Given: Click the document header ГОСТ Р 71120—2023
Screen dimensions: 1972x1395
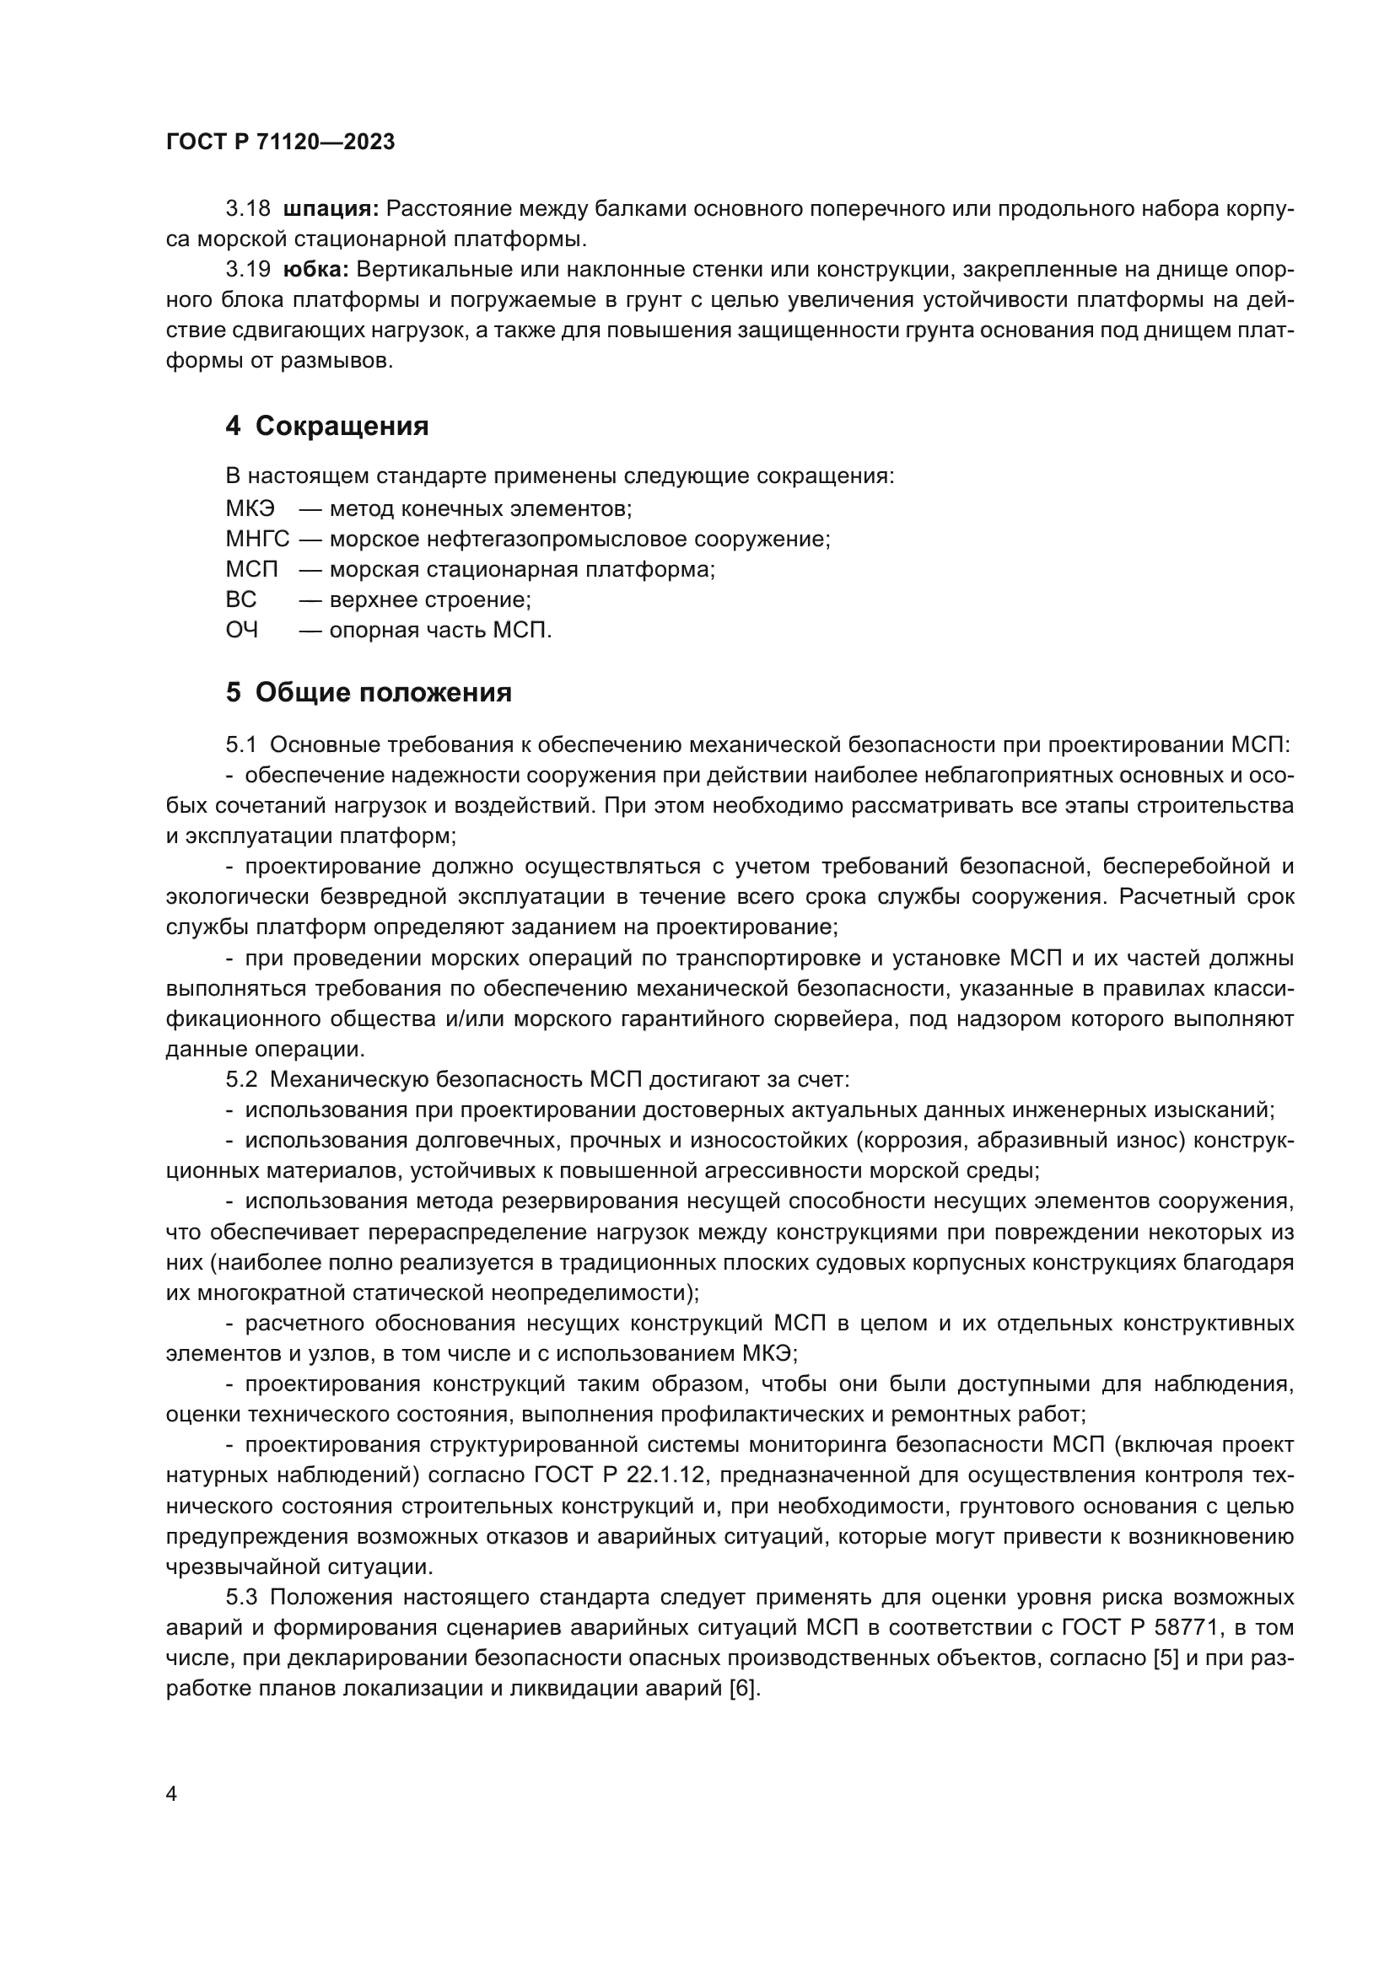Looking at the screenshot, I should click(281, 142).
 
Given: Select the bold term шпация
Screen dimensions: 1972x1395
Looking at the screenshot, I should click(331, 209).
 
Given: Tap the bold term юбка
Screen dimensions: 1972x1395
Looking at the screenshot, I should click(315, 270).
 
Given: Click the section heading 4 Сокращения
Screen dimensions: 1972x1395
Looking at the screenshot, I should click(327, 426).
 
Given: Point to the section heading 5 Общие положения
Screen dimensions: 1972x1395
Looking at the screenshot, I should click(369, 692).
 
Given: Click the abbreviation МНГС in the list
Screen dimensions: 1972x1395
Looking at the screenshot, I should click(258, 540).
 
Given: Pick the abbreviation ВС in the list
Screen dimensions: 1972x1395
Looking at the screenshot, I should click(241, 599).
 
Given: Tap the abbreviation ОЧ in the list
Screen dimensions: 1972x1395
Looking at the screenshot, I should click(242, 631).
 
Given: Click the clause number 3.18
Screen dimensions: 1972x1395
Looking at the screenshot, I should click(248, 209).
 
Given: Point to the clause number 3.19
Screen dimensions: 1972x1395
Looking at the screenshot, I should click(248, 270).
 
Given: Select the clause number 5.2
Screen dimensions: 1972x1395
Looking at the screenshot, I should click(241, 1080).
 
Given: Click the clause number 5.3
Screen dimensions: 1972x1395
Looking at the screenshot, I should click(241, 1598).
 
